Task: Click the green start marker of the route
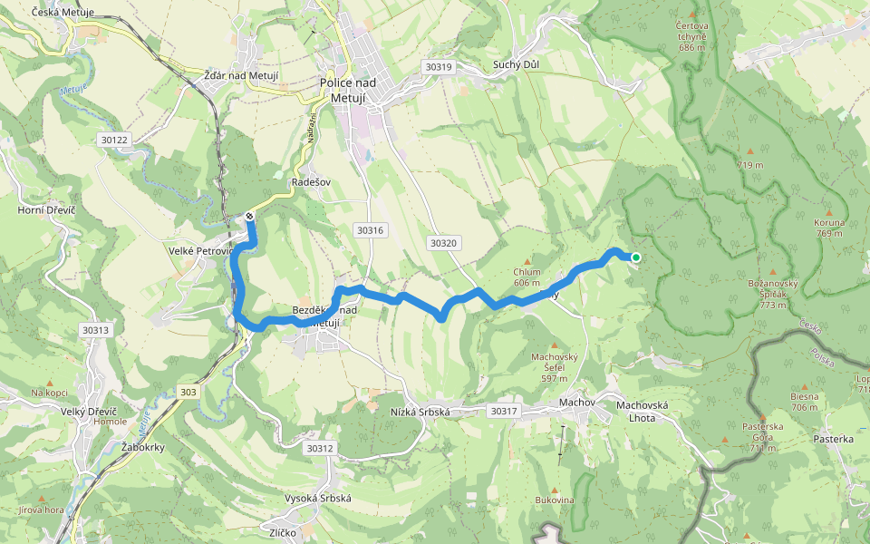click(x=635, y=257)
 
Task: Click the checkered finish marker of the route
click(x=249, y=217)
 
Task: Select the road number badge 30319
click(x=438, y=67)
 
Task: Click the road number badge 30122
click(x=115, y=139)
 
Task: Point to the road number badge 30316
click(x=371, y=230)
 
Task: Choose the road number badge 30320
click(x=443, y=243)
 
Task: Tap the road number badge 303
click(x=188, y=392)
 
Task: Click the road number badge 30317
click(x=503, y=411)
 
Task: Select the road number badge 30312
click(x=320, y=448)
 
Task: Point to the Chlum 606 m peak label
click(x=527, y=277)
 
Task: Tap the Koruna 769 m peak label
click(x=829, y=228)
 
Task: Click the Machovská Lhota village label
click(x=642, y=411)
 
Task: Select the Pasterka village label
click(x=834, y=439)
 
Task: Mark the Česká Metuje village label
click(x=63, y=13)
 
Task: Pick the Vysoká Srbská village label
click(x=318, y=499)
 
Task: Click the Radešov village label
click(x=311, y=181)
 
